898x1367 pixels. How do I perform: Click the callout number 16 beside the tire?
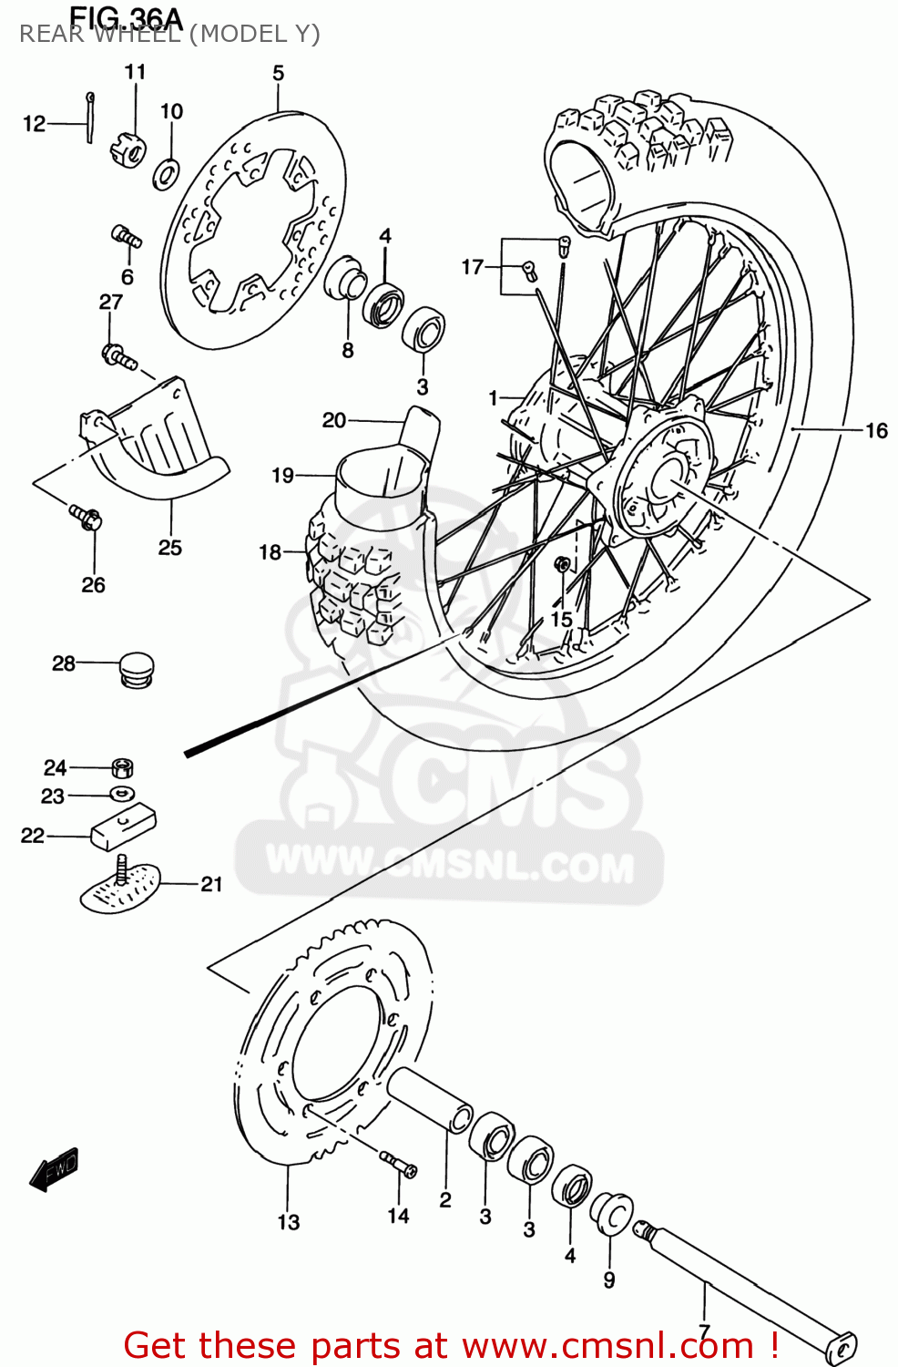875,429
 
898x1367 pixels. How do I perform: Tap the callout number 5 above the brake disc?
278,73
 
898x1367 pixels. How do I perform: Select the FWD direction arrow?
54,1168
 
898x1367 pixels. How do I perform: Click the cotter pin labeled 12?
90,117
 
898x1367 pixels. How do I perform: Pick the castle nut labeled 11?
128,149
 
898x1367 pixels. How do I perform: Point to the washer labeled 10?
166,171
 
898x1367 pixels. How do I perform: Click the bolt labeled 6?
126,236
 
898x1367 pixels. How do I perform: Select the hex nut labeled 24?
123,766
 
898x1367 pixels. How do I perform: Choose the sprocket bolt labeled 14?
398,1164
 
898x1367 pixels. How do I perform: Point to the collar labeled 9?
611,1213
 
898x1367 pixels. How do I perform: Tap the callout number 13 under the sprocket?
288,1222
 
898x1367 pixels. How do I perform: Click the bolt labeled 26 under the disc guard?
87,518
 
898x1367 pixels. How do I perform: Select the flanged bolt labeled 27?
118,356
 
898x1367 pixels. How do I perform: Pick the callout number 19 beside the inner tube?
282,475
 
